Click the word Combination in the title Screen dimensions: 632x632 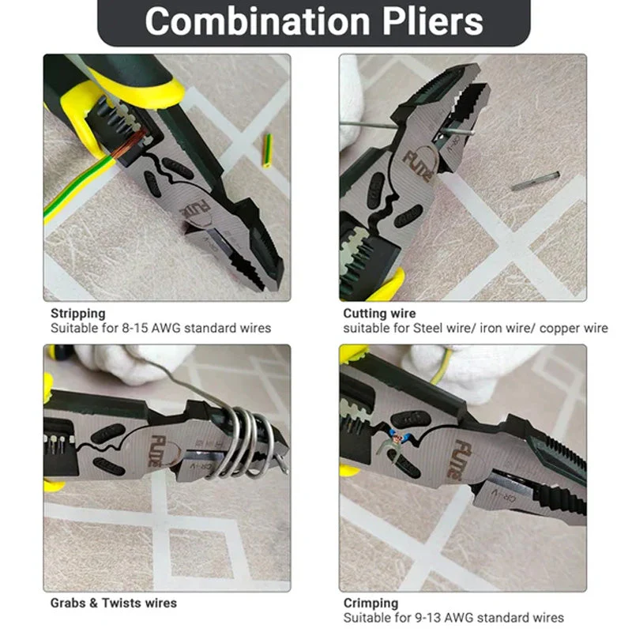[x=258, y=21]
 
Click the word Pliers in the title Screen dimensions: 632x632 [x=432, y=21]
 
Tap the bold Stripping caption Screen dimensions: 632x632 [x=78, y=314]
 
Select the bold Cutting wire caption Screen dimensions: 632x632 [x=379, y=313]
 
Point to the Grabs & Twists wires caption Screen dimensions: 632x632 [x=114, y=603]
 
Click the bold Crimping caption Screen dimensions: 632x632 [x=371, y=603]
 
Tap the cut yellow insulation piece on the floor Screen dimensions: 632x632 [x=267, y=150]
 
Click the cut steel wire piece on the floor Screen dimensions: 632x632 [x=536, y=181]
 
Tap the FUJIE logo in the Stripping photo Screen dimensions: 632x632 [x=194, y=211]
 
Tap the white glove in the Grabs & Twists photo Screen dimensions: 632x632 [x=125, y=363]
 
